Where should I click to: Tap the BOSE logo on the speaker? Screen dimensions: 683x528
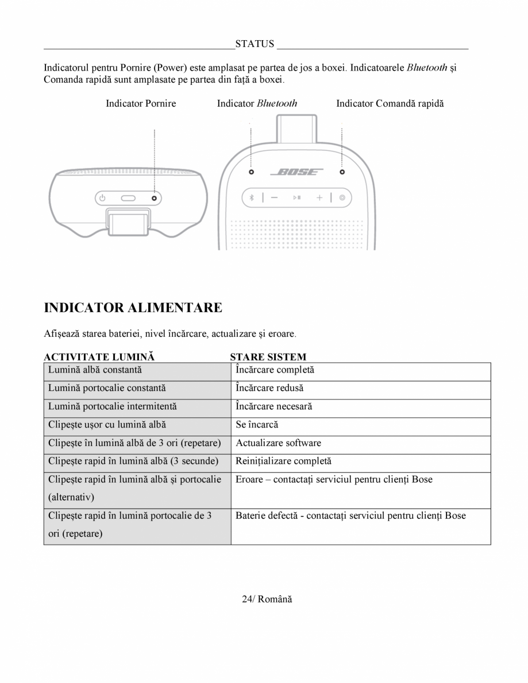tap(296, 172)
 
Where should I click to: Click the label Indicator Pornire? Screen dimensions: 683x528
tap(141, 103)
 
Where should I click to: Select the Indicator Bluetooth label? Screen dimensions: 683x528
tap(257, 103)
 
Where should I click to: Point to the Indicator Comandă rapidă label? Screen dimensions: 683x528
tap(390, 103)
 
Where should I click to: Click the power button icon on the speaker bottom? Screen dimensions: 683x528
tap(102, 198)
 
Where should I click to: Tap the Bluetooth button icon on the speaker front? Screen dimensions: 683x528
tap(250, 197)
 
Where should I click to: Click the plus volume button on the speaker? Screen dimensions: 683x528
tap(319, 197)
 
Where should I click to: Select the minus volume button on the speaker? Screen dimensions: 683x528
tap(273, 197)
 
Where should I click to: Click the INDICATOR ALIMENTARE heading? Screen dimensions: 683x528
tap(133, 308)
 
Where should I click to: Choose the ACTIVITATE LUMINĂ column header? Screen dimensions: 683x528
tap(99, 357)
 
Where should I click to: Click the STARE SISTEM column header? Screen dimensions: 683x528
tap(268, 357)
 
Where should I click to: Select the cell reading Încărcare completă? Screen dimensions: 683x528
tap(275, 370)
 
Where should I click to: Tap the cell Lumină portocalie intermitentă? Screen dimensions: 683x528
tap(113, 406)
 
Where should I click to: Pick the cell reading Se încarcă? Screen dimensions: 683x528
tap(257, 425)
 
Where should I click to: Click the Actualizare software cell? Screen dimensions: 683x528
tap(278, 443)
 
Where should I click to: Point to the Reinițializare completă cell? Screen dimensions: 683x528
tap(283, 461)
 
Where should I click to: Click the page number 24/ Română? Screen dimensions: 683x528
tap(267, 599)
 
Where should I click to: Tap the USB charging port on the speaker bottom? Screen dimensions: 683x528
tap(128, 198)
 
